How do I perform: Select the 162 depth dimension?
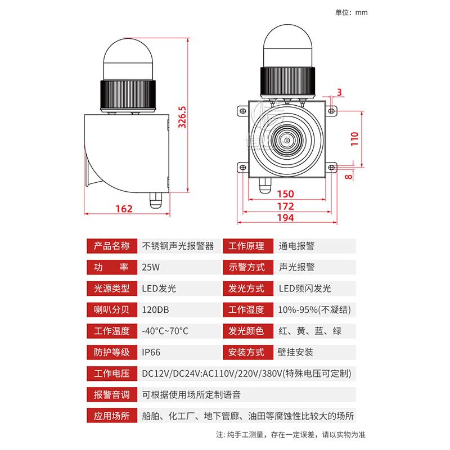[x=123, y=209]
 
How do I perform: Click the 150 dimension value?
[x=285, y=194]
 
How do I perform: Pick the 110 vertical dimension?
[x=354, y=138]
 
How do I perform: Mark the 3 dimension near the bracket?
[x=339, y=92]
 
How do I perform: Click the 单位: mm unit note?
[x=351, y=12]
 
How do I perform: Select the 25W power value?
[x=150, y=267]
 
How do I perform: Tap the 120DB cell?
[x=155, y=310]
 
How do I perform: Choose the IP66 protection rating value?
[x=151, y=353]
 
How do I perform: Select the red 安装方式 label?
[x=246, y=353]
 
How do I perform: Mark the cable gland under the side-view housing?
[x=155, y=199]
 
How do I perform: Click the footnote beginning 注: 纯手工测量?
[x=291, y=435]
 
